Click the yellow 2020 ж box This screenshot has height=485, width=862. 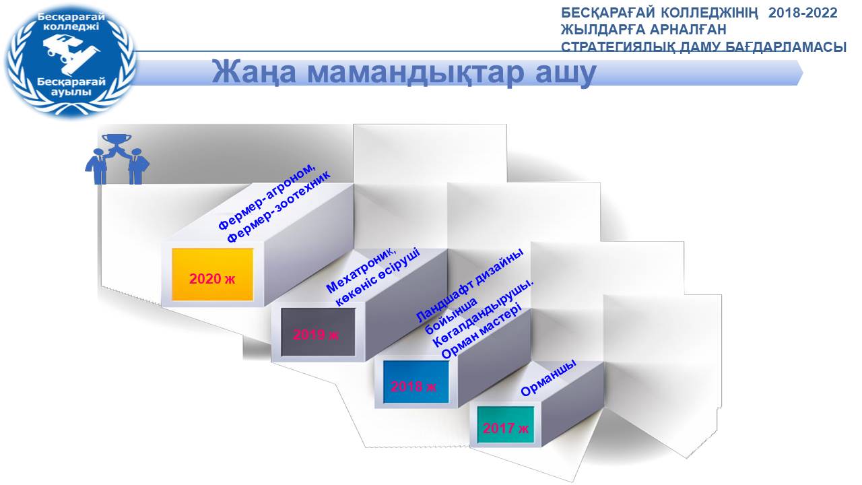(x=212, y=274)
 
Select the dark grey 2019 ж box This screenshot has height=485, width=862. (x=318, y=332)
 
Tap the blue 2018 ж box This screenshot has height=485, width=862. (x=416, y=381)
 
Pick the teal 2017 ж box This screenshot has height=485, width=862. (x=506, y=424)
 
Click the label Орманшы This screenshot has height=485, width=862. (x=549, y=378)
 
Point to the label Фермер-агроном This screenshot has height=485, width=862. (x=267, y=197)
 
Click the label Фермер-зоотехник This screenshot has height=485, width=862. (x=278, y=207)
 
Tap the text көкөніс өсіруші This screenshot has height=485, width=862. (x=378, y=277)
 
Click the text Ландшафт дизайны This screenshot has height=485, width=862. (x=470, y=285)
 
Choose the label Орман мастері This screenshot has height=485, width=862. (x=482, y=330)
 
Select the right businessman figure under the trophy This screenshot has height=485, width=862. (x=136, y=166)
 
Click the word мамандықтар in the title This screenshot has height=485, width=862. (x=416, y=73)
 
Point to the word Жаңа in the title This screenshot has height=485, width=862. (x=254, y=73)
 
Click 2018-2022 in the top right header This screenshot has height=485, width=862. (x=803, y=13)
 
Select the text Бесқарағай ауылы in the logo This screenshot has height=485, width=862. (x=71, y=87)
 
